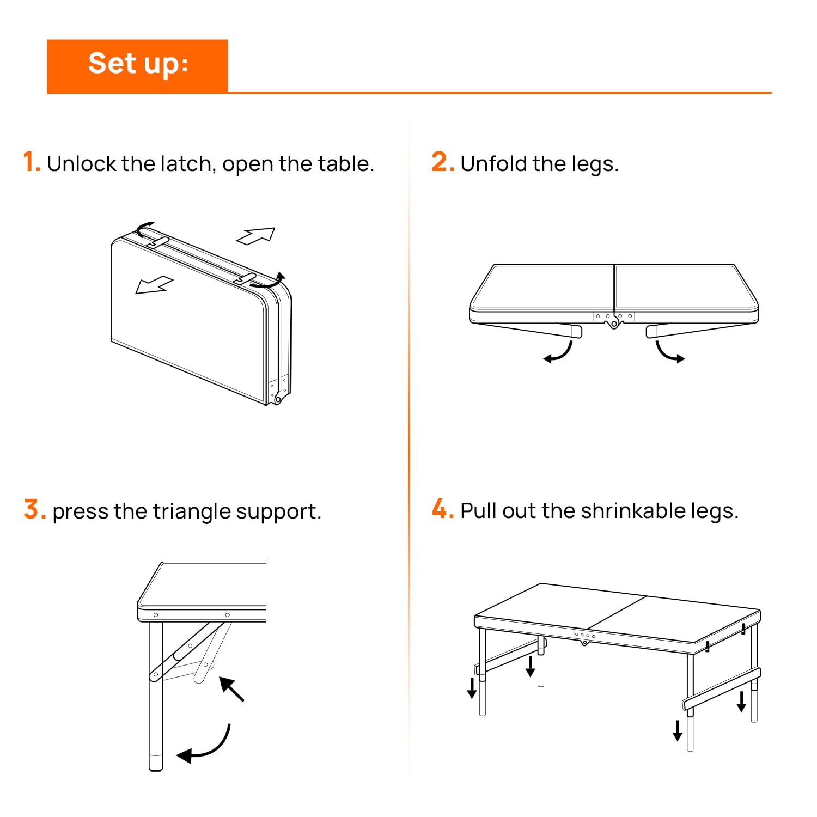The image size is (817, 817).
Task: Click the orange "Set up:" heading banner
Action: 137,65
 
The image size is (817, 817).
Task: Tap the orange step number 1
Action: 32,162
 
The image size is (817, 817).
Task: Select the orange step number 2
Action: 443,162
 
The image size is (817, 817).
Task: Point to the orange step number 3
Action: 35,510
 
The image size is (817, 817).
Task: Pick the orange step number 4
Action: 443,509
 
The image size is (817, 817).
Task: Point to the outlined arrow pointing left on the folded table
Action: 154,285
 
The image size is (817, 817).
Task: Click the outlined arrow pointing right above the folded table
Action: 256,236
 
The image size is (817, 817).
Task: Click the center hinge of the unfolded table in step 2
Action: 614,322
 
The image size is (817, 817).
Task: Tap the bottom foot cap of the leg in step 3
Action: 156,763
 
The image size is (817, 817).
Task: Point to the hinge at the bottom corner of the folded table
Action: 278,399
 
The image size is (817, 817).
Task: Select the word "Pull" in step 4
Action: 478,511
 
